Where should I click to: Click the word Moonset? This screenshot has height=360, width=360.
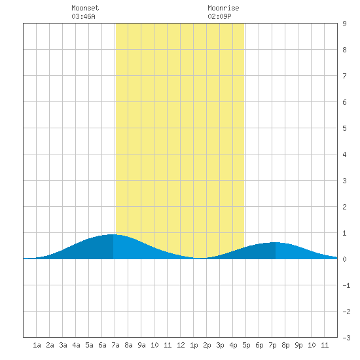85,8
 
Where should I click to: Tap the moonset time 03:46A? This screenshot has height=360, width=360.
83,16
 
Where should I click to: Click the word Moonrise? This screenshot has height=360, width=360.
223,8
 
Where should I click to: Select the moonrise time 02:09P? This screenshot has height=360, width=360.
219,16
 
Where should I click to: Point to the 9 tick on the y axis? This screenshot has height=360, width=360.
344,24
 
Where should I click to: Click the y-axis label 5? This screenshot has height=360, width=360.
344,128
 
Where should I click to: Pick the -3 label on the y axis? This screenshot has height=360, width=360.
346,338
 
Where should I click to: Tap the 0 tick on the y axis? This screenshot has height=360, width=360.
344,259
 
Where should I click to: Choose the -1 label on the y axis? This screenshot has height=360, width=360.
346,285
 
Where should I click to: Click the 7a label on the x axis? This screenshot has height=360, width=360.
115,345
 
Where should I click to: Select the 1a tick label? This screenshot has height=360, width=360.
37,345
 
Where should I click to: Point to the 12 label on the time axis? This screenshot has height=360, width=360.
181,345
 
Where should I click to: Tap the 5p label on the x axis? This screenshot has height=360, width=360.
246,345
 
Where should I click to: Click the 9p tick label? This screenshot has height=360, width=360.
298,345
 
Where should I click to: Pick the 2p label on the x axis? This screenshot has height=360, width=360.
207,345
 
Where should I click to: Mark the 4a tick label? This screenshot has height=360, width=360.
76,345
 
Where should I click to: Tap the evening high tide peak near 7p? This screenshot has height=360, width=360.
276,242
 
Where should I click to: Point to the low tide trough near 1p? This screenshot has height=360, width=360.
200,258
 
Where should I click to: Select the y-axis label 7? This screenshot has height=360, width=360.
344,76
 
